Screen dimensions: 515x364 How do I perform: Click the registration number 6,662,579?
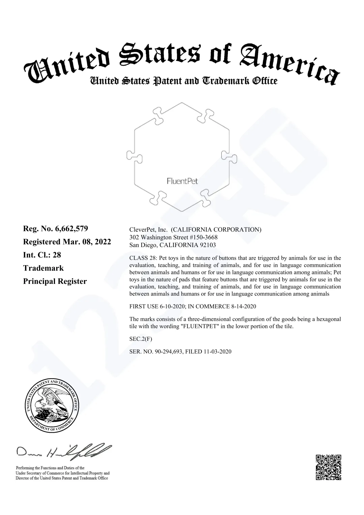pyautogui.click(x=71, y=229)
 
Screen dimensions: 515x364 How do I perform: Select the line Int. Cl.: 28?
pyautogui.click(x=42, y=255)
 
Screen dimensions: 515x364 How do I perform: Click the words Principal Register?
pyautogui.click(x=55, y=281)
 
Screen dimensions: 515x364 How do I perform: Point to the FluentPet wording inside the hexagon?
pyautogui.click(x=182, y=181)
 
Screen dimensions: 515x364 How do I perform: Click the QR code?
pyautogui.click(x=328, y=467)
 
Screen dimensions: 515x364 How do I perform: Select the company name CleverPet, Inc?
pyautogui.click(x=148, y=230)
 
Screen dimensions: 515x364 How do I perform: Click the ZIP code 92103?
pyautogui.click(x=208, y=245)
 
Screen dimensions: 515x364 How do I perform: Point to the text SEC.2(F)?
pyautogui.click(x=138, y=339)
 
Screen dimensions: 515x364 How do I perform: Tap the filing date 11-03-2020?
pyautogui.click(x=217, y=352)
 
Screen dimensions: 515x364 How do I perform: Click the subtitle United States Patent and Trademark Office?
pyautogui.click(x=183, y=81)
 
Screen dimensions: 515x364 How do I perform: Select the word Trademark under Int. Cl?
pyautogui.click(x=43, y=268)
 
